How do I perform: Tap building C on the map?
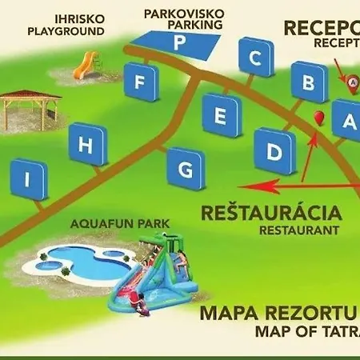tap(255, 58)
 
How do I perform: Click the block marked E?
tap(221, 114)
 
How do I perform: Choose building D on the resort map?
tap(274, 150)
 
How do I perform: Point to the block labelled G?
tap(186, 170)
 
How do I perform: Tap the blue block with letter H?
tap(89, 146)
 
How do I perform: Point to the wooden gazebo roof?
tap(30, 95)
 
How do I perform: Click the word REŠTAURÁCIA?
tap(272, 214)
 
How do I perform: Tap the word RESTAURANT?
tap(298, 230)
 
